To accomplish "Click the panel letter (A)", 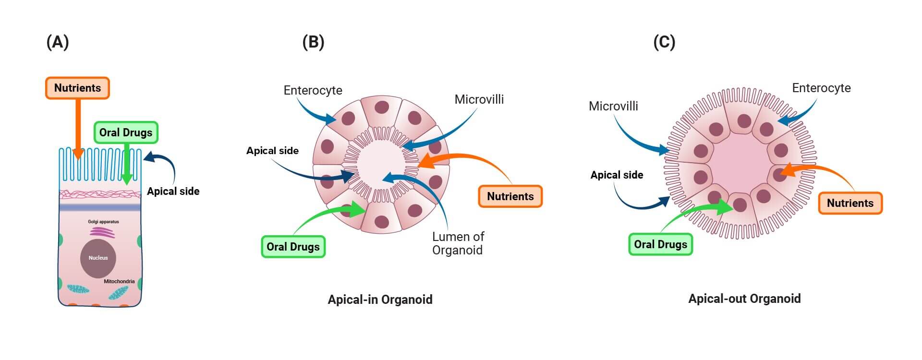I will tap(58, 42).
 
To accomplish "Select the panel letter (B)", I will tap(313, 42).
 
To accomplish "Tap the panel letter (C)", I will tap(664, 42).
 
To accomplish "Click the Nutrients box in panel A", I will tap(77, 88).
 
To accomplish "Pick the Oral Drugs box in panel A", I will tap(125, 132).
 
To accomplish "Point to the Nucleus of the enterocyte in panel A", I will tap(98, 258).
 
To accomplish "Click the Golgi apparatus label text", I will tap(103, 222).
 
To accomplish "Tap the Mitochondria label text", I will tap(119, 281).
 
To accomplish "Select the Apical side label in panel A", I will tap(173, 191).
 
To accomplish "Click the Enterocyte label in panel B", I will tap(313, 90).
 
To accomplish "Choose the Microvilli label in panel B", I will tap(479, 99).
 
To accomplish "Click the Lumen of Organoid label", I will tap(458, 243).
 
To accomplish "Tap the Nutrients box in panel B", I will tap(510, 196).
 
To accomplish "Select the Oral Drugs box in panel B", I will tap(293, 247).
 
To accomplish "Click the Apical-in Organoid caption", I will tap(380, 300).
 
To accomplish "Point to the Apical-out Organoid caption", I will tap(744, 299).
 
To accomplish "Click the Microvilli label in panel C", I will tap(613, 106).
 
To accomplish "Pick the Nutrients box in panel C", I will tap(850, 203).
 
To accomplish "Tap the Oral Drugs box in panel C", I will tap(660, 244).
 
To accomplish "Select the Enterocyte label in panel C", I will tap(821, 88).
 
